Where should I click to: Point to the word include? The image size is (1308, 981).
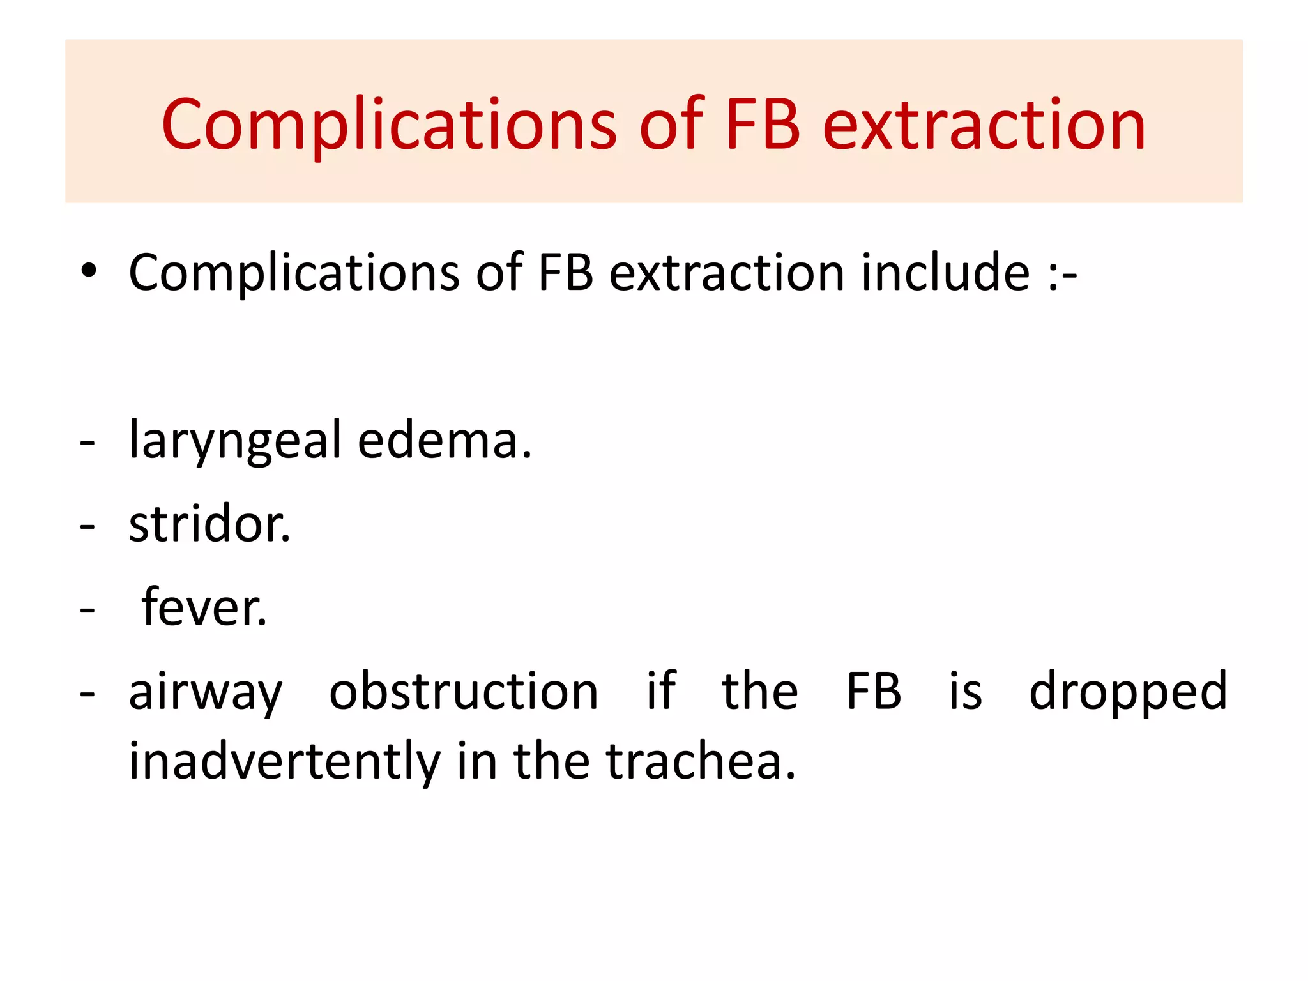tap(945, 273)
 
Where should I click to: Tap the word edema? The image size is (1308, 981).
tap(445, 441)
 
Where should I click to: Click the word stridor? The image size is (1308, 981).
tap(209, 524)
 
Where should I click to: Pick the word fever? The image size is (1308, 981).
tap(204, 607)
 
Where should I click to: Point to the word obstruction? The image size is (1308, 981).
tap(464, 691)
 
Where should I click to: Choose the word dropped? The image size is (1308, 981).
tap(1128, 691)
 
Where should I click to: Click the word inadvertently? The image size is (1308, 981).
tap(285, 761)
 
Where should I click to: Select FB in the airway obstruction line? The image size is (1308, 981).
tap(873, 691)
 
